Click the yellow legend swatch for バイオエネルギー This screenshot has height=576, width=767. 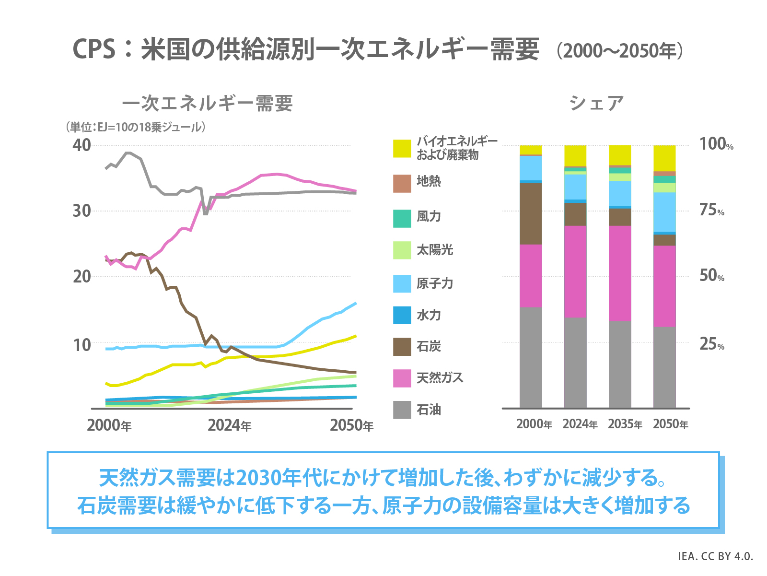tap(402, 148)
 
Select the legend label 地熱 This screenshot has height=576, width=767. tap(429, 181)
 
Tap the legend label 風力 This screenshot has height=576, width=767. tap(429, 217)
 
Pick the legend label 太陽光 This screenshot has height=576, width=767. tap(434, 250)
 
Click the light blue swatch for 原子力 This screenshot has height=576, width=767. tap(402, 283)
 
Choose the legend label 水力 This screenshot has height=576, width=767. tap(429, 315)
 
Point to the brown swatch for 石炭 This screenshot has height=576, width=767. tap(402, 346)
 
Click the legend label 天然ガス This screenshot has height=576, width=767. tap(440, 378)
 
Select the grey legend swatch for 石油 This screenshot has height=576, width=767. tap(402, 410)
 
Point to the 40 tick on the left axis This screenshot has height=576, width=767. tap(81, 145)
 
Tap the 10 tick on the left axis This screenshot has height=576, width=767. tap(81, 344)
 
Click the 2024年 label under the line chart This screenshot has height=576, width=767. tap(229, 425)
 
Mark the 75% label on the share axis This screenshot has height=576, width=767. tap(711, 211)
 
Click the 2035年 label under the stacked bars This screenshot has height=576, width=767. tap(625, 424)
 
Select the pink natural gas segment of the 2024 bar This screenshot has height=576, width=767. tap(575, 271)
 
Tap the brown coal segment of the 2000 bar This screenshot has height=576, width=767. tap(531, 213)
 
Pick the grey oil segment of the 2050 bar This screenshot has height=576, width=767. tap(664, 367)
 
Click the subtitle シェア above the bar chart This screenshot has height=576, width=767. tap(596, 103)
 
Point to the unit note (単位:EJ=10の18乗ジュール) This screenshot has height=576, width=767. tap(136, 127)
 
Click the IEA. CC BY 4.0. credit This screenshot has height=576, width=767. tap(715, 556)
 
